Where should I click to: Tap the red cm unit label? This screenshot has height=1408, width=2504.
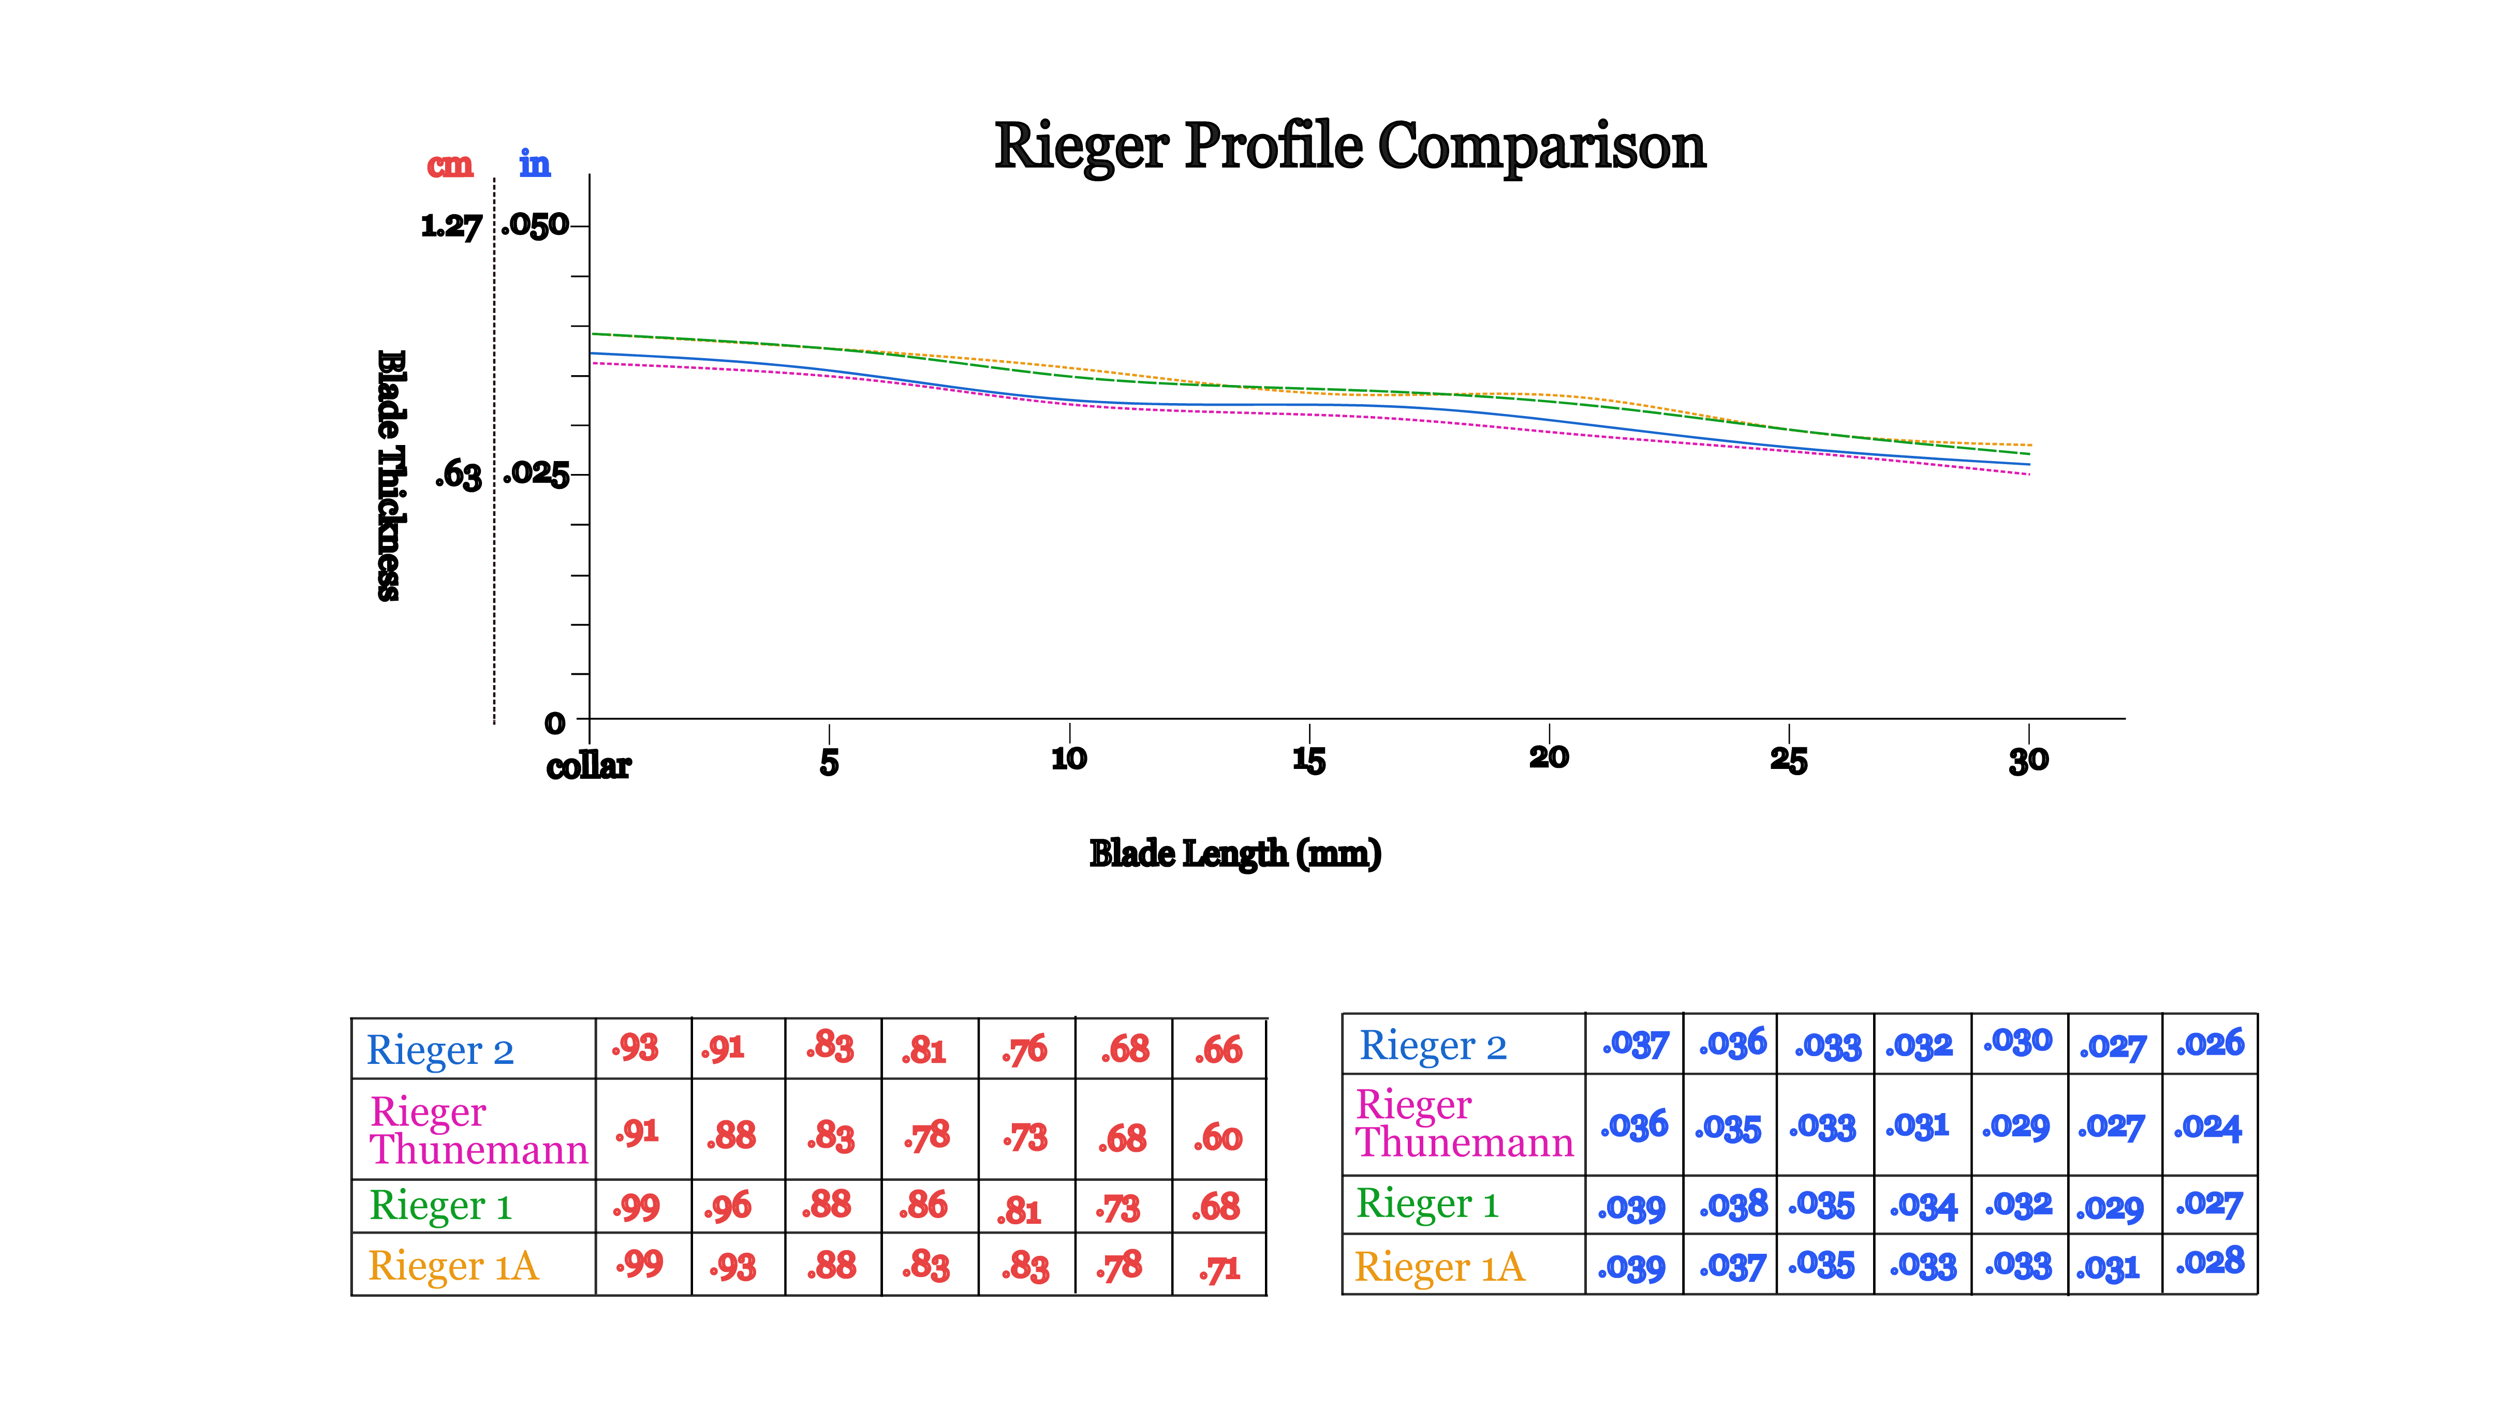click(x=450, y=165)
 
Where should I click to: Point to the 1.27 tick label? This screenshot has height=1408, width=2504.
click(x=451, y=227)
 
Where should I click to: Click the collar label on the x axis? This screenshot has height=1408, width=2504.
click(x=588, y=767)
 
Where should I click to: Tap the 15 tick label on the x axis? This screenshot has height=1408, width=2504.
click(x=1308, y=760)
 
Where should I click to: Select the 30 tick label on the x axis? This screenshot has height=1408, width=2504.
click(x=2029, y=760)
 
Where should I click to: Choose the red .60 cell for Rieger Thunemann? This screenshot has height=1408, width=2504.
click(x=1218, y=1137)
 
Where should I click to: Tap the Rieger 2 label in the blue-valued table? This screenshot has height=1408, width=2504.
click(x=1433, y=1046)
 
